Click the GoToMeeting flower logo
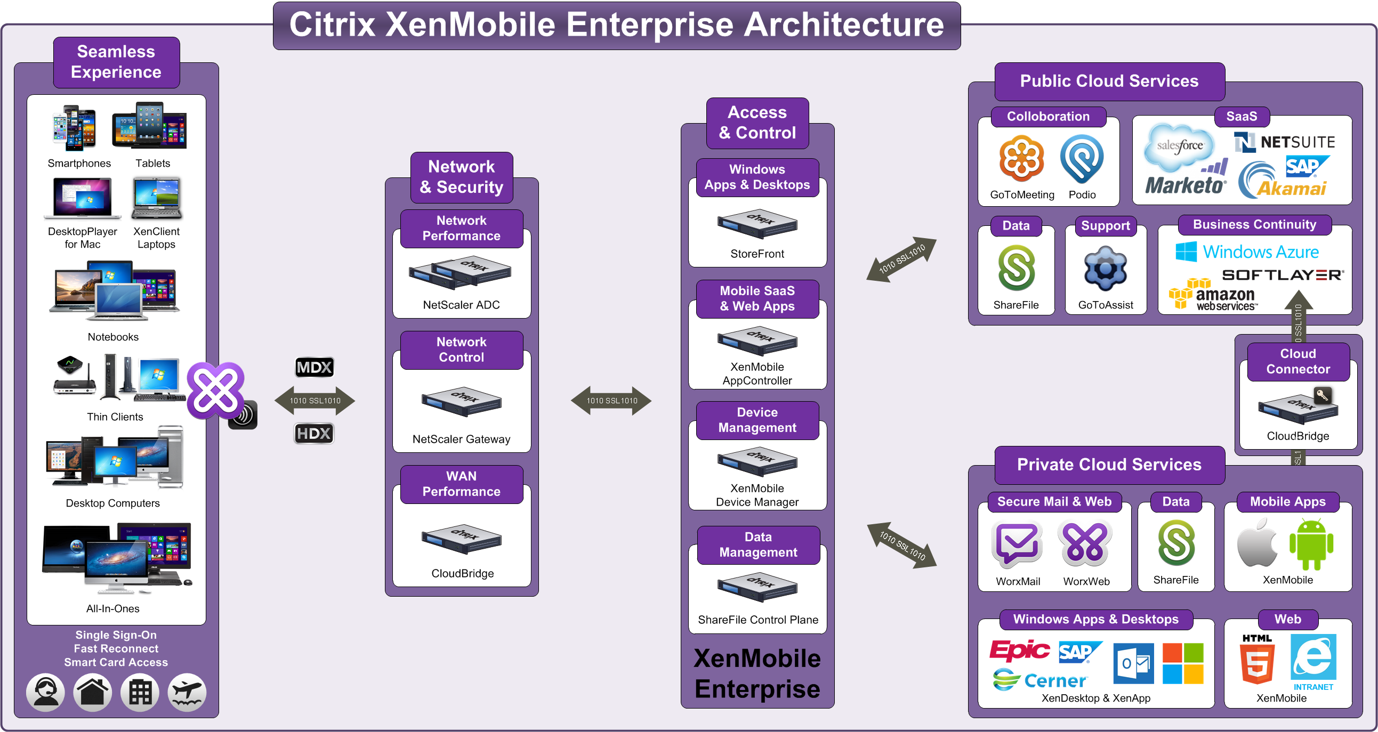click(1021, 159)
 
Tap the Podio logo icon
click(1082, 159)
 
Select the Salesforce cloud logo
click(1179, 145)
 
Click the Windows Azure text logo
click(1247, 251)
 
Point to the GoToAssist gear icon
click(1105, 269)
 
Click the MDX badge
click(315, 368)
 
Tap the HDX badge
click(314, 433)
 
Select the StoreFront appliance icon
click(757, 224)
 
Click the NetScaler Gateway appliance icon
click(461, 401)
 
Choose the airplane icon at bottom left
click(187, 693)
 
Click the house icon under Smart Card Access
click(93, 693)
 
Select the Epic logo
click(1019, 649)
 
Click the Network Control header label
click(461, 349)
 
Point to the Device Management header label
click(757, 420)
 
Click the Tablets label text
click(152, 163)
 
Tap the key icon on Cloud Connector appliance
click(1323, 396)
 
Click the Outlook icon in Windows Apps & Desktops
click(1133, 664)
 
